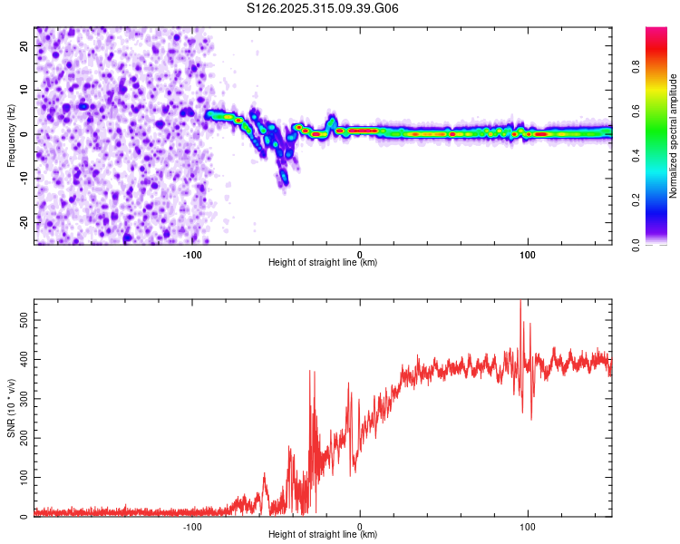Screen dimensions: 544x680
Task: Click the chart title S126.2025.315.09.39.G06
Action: tap(324, 8)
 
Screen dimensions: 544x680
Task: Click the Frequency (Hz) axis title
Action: tap(11, 136)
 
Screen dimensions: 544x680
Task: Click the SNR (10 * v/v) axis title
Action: tap(11, 408)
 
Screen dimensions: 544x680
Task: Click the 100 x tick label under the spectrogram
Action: tap(528, 254)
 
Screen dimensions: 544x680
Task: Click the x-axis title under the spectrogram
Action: tap(323, 263)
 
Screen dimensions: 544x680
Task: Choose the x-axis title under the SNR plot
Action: tap(323, 535)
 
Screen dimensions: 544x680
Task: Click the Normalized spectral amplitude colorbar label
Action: tap(674, 136)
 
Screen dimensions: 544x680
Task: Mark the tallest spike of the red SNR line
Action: tap(520, 303)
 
